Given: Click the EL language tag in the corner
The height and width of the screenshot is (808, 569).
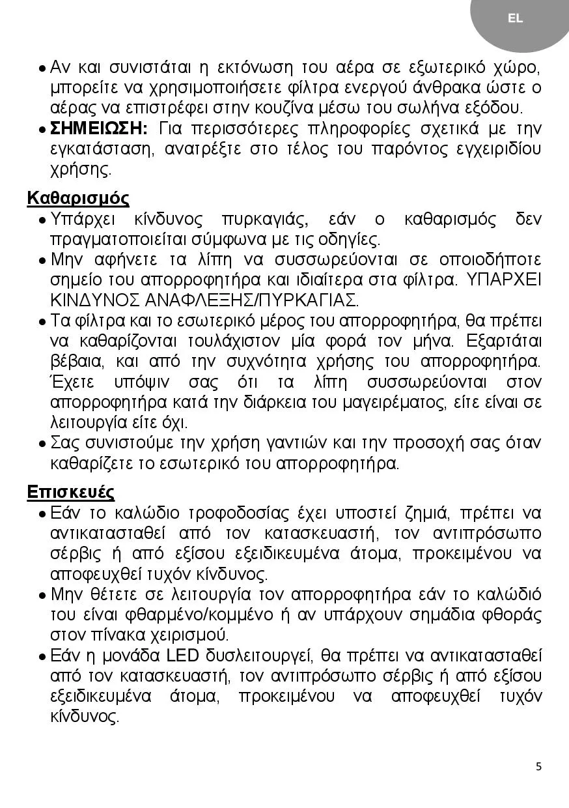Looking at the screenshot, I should tap(515, 19).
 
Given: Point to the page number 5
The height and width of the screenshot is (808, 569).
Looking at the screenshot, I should tap(538, 766).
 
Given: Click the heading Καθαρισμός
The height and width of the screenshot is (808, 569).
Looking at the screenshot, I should tap(78, 198).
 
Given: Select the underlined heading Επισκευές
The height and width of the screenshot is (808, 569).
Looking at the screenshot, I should tap(71, 492).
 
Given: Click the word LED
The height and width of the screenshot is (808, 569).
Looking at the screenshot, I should tap(184, 656).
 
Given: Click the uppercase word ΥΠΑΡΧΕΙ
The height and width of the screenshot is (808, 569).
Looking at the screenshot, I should tap(504, 280).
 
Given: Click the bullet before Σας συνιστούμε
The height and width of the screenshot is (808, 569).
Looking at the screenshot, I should tap(42, 444).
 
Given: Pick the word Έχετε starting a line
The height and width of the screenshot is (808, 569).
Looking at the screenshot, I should tap(72, 382).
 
